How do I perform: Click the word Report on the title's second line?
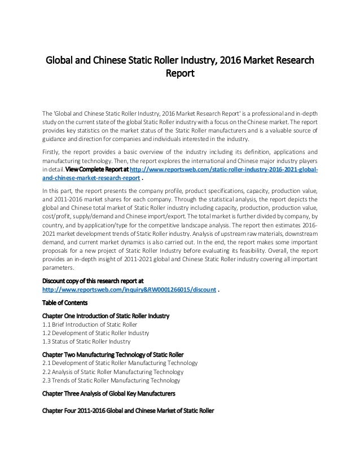tap(179, 73)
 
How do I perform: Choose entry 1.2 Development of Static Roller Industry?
tap(96, 333)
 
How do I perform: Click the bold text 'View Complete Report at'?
tap(98, 169)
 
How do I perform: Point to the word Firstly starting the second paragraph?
tap(53, 151)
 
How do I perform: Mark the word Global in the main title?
tap(61, 60)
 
